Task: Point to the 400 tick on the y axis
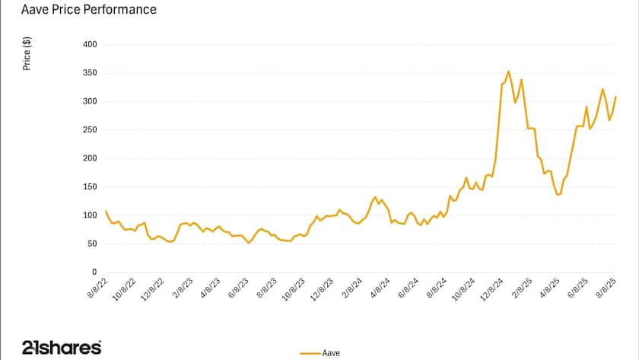click(x=91, y=44)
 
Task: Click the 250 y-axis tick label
click(x=91, y=130)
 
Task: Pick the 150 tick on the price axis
click(x=91, y=186)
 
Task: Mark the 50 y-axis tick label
click(x=93, y=244)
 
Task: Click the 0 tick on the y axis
click(x=95, y=272)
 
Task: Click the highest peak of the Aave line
click(x=508, y=72)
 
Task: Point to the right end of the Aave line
click(x=615, y=97)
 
